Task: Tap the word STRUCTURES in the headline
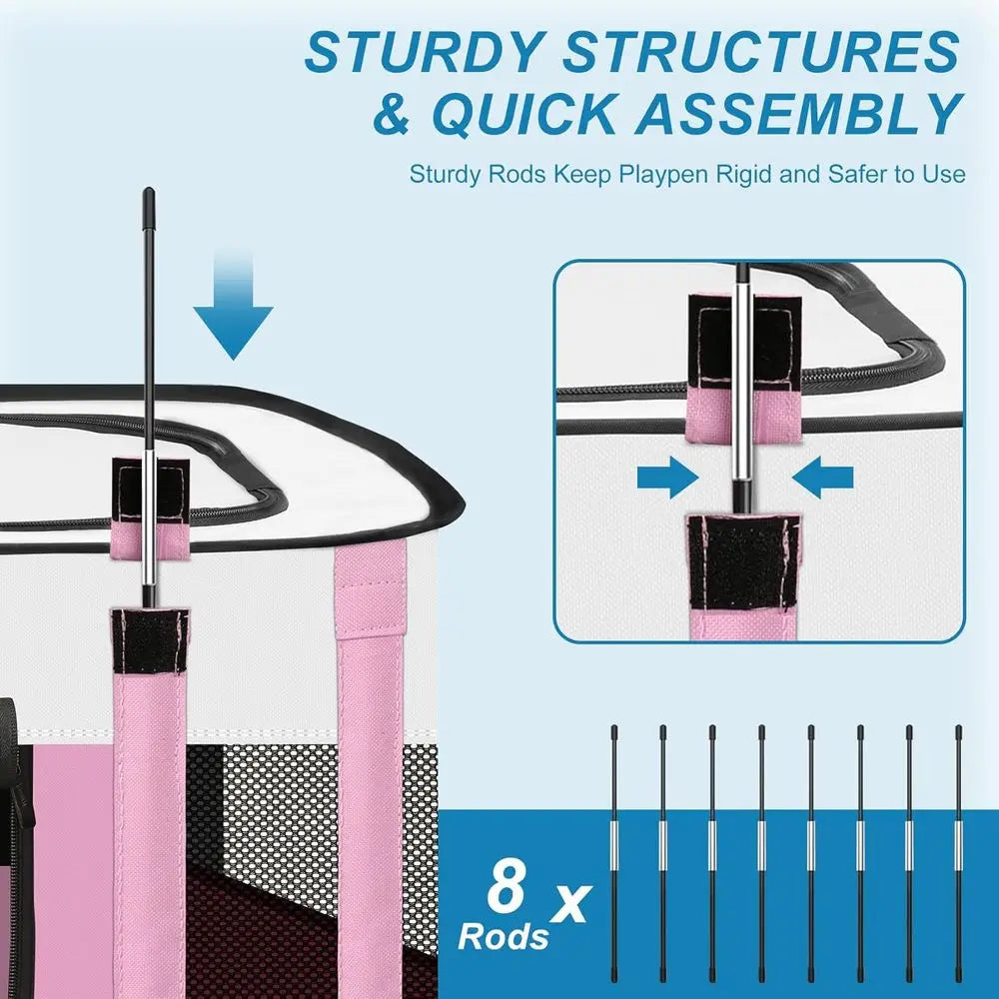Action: point(760,51)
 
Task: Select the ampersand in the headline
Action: point(394,114)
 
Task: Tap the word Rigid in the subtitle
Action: point(743,174)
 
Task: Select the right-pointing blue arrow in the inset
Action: point(667,479)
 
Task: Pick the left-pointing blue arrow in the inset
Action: point(825,479)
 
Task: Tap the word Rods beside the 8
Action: point(503,937)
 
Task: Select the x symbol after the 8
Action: point(570,902)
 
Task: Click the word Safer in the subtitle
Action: point(858,174)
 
